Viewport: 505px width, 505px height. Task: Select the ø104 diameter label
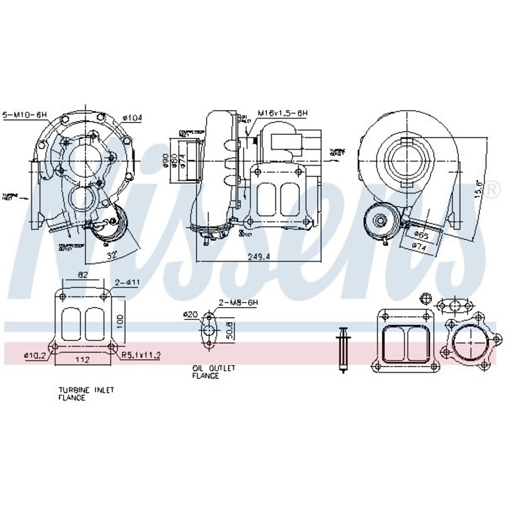[x=132, y=118]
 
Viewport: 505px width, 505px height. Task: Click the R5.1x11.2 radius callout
[x=140, y=355]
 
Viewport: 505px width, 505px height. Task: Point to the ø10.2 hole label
[x=34, y=355]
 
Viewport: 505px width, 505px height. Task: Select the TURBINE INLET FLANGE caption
[x=87, y=393]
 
